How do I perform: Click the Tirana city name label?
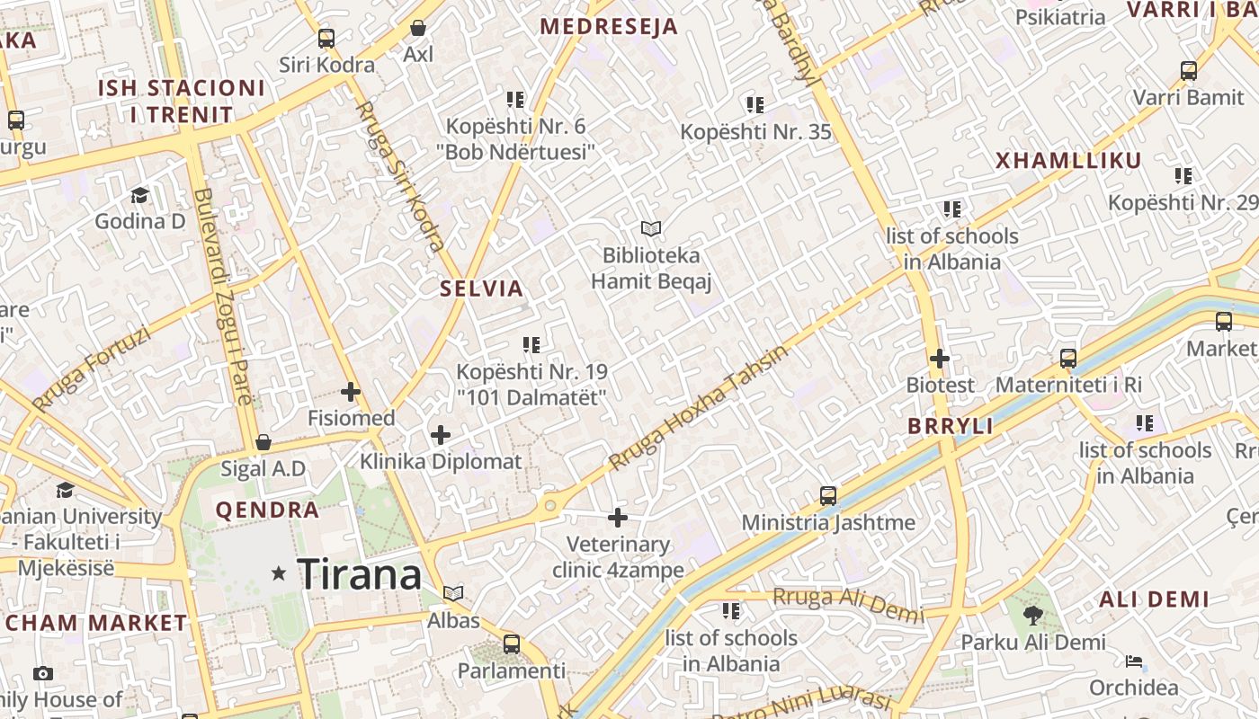[x=359, y=574]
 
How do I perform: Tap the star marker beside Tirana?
[x=279, y=573]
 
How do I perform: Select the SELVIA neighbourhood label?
[x=481, y=288]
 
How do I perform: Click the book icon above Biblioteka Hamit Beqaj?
[x=651, y=229]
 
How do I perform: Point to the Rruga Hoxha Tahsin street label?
[x=697, y=406]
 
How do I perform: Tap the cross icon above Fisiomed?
[x=351, y=392]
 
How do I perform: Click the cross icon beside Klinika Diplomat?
[x=441, y=436]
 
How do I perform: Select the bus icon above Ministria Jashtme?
[x=828, y=495]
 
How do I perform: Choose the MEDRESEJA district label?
[x=609, y=27]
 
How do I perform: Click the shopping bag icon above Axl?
[x=417, y=28]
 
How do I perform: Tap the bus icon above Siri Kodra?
[x=326, y=39]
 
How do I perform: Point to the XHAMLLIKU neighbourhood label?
[x=1068, y=161]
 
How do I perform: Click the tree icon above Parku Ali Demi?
[x=1033, y=616]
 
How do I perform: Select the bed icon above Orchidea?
[x=1134, y=662]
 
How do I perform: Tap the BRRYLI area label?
[x=951, y=426]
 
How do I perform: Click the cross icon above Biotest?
[x=940, y=359]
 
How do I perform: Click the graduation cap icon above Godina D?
[x=139, y=195]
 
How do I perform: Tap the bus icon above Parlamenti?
[x=512, y=644]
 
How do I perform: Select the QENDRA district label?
[x=267, y=510]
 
